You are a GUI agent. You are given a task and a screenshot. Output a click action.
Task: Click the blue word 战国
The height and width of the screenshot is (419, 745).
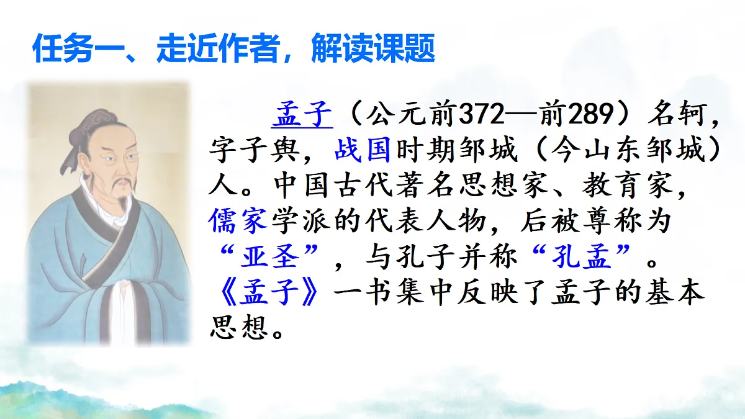[362, 150]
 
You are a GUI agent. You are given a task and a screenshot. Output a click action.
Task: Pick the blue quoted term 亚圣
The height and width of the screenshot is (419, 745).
[269, 256]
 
